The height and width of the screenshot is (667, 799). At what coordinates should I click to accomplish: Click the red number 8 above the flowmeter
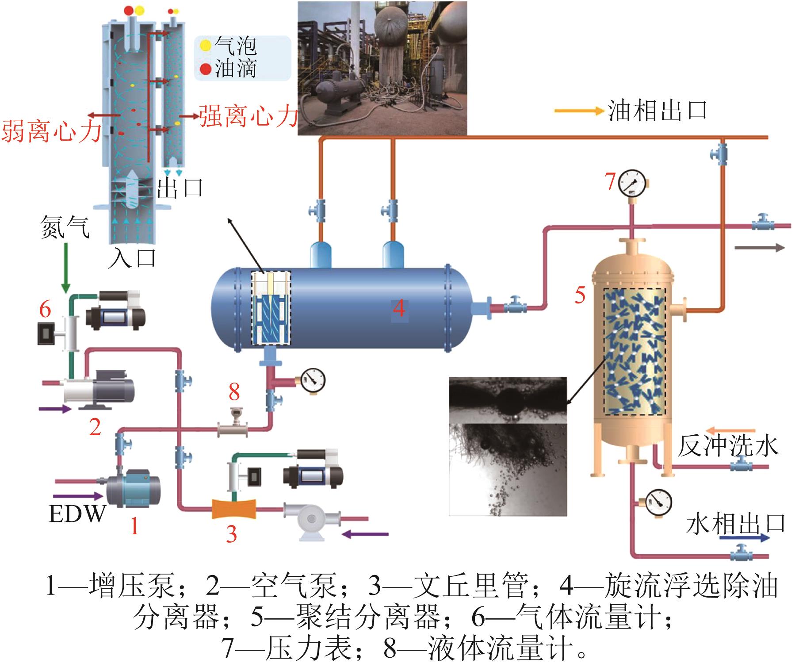pos(234,391)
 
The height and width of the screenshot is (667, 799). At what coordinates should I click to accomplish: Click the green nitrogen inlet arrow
pos(65,268)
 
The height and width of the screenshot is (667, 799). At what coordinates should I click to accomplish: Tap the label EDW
pos(77,514)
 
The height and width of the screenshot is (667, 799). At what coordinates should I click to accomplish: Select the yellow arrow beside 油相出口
pos(579,111)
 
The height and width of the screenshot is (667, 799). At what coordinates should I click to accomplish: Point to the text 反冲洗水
pos(727,445)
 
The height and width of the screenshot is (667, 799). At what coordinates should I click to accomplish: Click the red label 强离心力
pos(248,116)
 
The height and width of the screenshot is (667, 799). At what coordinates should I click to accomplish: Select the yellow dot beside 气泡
pos(205,45)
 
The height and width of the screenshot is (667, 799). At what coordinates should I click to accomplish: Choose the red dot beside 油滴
pos(205,69)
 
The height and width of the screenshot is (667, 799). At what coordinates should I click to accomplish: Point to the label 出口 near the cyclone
pos(180,188)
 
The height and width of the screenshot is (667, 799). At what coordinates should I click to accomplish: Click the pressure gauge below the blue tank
pos(313,379)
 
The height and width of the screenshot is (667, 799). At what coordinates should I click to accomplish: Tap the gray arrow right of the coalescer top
pos(759,248)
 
